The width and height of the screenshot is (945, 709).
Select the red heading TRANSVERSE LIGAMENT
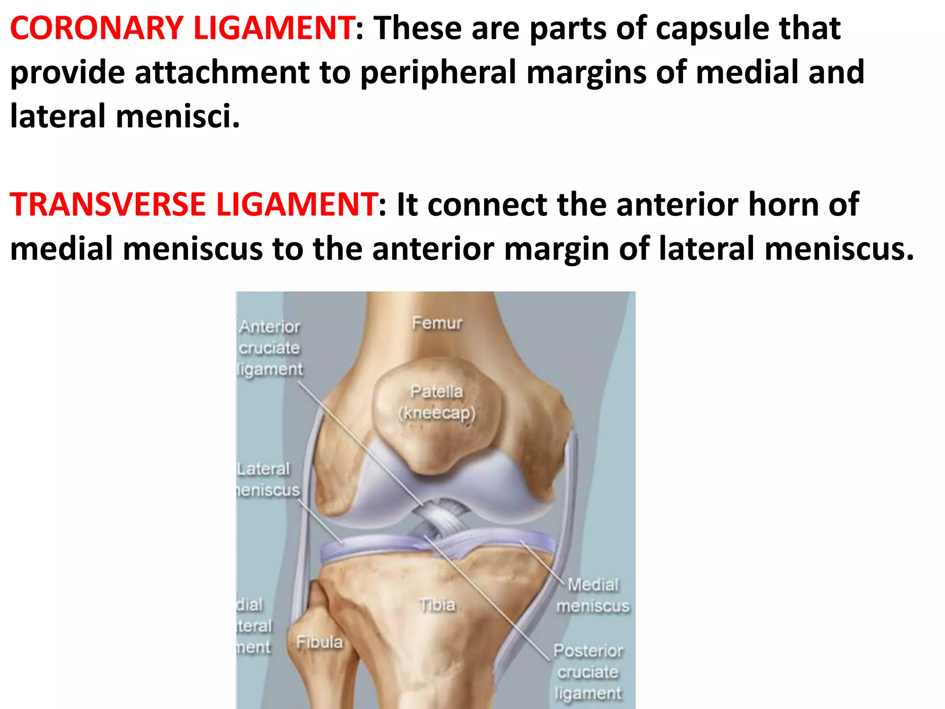click(193, 204)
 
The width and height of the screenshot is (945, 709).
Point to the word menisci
click(178, 116)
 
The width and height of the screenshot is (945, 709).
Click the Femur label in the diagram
click(437, 323)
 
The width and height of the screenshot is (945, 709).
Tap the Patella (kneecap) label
click(437, 402)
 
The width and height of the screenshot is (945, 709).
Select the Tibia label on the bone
click(437, 605)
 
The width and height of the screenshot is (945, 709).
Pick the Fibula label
click(319, 642)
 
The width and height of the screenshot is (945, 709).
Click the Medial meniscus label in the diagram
click(593, 595)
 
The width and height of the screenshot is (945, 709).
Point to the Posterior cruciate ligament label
click(588, 672)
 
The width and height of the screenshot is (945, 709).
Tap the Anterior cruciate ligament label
click(270, 348)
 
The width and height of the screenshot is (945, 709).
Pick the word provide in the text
click(67, 72)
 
